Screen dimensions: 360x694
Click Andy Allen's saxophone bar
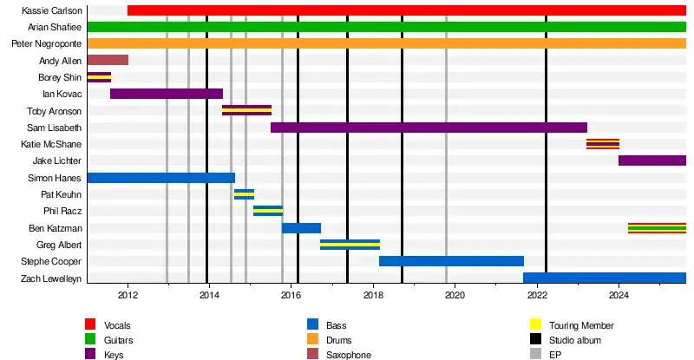point(108,61)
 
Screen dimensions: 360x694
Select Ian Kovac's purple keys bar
point(167,94)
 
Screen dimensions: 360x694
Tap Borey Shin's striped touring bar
point(99,77)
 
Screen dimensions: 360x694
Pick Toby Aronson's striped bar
point(246,110)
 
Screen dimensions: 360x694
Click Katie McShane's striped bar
point(602,144)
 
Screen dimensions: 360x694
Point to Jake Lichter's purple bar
point(651,160)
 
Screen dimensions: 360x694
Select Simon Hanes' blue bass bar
point(160,178)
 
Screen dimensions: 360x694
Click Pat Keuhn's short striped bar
point(244,194)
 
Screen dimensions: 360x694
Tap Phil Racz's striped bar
point(267,211)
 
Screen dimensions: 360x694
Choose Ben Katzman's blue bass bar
point(301,228)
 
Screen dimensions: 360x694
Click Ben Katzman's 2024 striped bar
point(657,228)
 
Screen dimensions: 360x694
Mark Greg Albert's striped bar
point(350,245)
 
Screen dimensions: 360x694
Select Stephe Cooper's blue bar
point(451,261)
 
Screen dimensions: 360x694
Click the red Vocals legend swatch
point(90,324)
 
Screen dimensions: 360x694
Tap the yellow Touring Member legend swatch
point(534,324)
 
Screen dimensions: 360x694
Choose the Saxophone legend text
point(348,355)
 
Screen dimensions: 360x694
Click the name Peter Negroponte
point(47,43)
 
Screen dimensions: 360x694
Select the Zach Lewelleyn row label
point(50,278)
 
